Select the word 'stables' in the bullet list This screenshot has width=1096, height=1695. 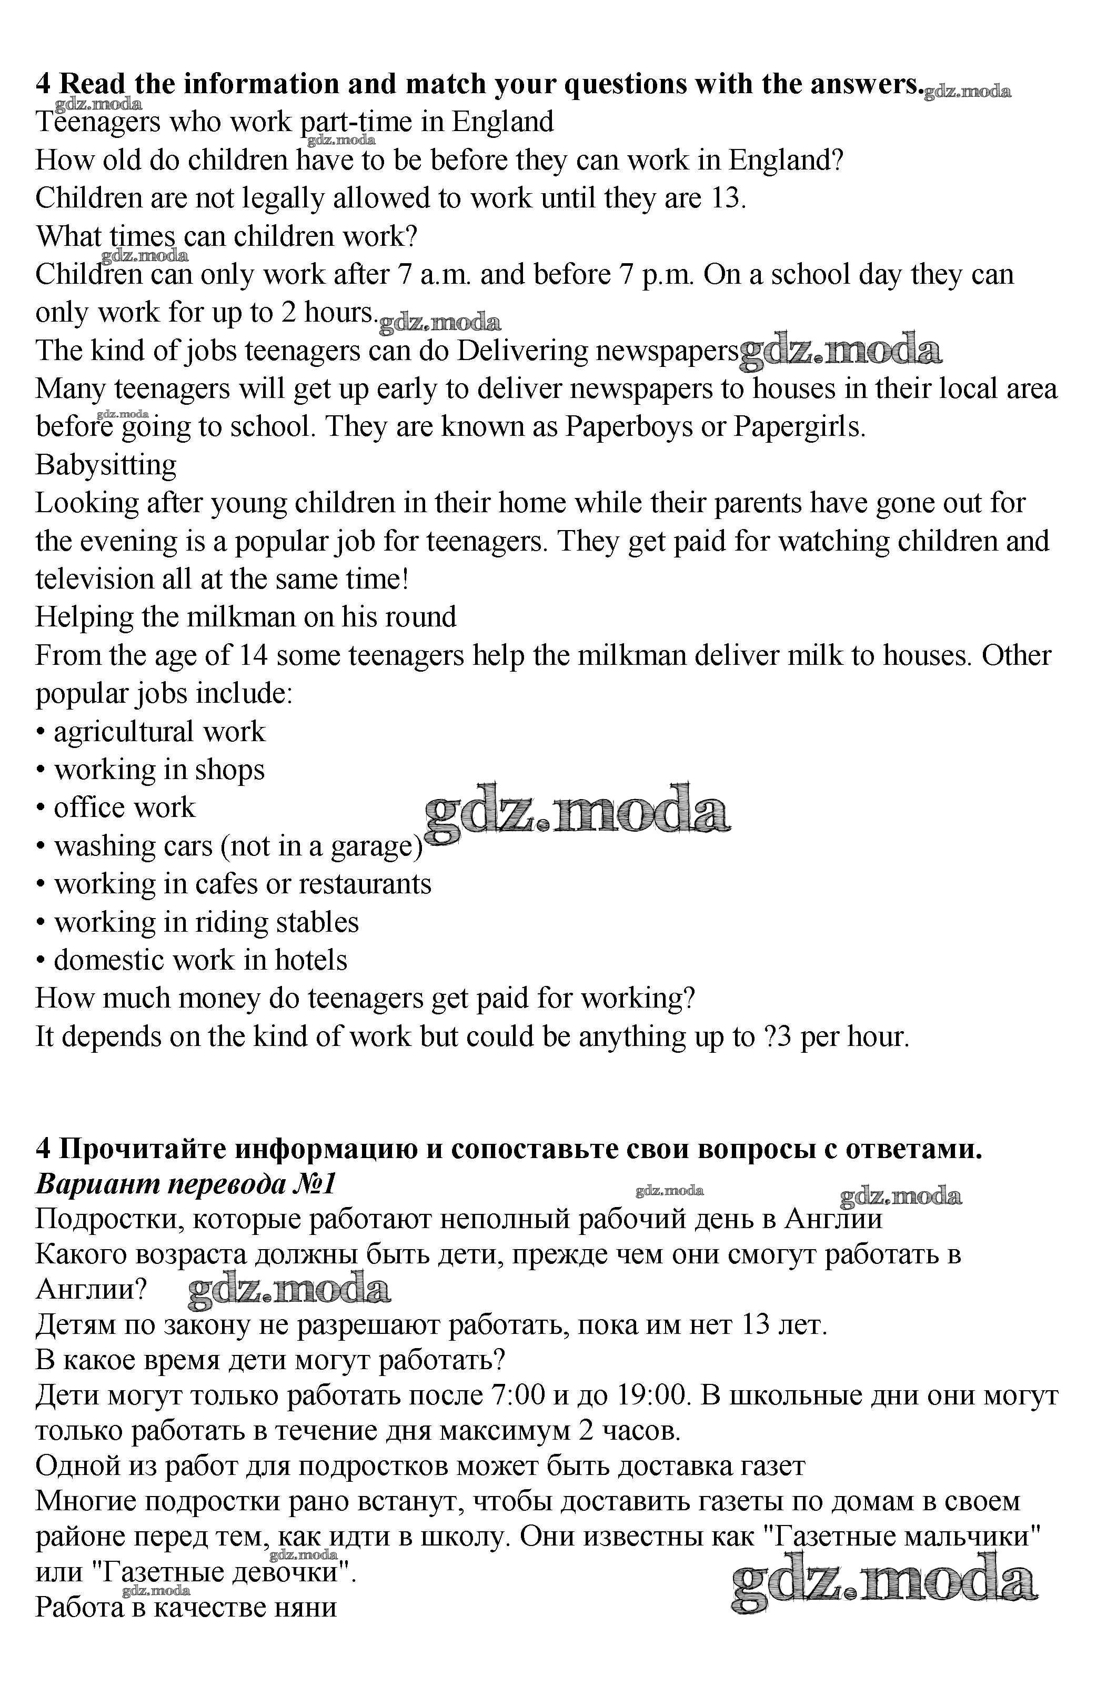(317, 923)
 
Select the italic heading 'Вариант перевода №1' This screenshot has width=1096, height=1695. (185, 1183)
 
